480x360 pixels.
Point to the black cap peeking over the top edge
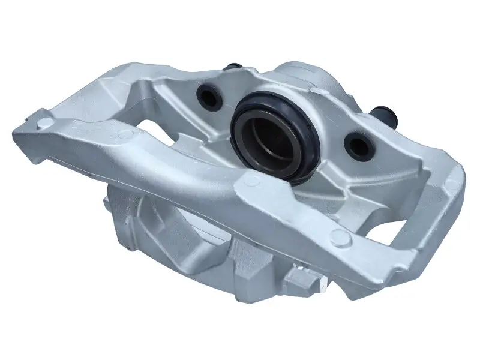click(x=233, y=65)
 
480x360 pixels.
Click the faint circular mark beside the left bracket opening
click(x=125, y=136)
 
